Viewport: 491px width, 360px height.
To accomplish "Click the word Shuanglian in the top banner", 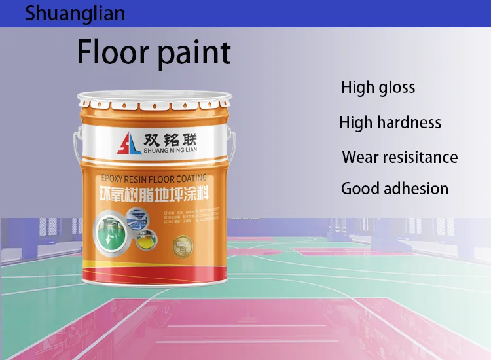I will (x=75, y=13).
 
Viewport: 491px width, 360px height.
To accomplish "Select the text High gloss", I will (x=378, y=87).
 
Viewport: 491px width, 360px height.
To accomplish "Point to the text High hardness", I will (x=390, y=122).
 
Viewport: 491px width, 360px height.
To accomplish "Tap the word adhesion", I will (x=416, y=189).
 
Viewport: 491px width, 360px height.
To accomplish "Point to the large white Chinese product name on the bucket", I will (x=153, y=194).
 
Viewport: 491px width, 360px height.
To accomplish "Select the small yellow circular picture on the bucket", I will (x=162, y=238).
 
